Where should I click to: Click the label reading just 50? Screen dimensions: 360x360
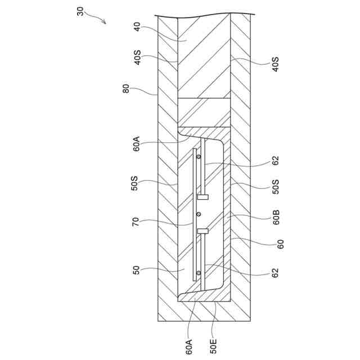136,270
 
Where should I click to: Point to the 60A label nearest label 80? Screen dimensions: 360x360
136,144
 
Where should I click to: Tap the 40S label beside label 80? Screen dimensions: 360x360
137,59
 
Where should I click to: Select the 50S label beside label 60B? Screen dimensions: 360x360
276,186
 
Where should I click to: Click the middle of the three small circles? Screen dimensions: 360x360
198,214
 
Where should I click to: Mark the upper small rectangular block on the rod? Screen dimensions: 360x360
203,196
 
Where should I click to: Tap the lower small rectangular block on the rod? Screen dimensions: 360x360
203,231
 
